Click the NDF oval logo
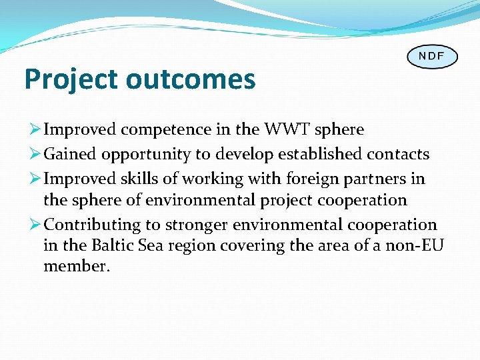point(432,56)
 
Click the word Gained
point(70,155)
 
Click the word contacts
point(398,155)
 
